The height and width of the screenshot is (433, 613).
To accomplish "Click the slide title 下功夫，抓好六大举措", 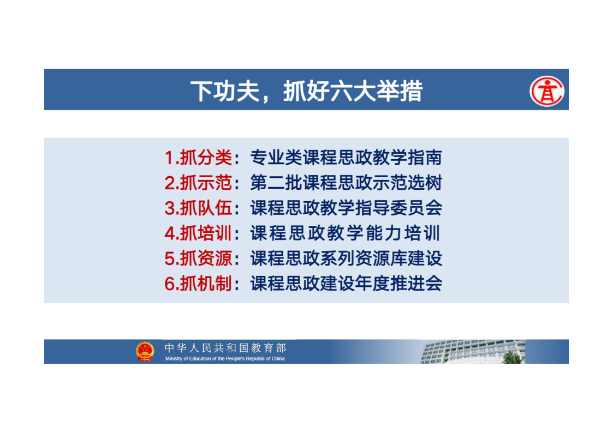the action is coord(307,91).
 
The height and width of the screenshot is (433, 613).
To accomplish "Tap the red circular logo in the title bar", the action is coord(546,91).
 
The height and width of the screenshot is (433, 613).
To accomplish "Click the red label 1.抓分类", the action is coord(198,158).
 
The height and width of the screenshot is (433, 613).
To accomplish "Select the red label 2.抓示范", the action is coord(198,183).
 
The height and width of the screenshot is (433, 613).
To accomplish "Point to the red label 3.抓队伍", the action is coord(198,208).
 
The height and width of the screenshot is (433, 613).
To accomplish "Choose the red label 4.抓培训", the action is coord(198,233).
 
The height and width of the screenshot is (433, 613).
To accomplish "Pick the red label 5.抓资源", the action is coord(198,258).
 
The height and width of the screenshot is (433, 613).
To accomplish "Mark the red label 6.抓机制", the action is coord(198,284).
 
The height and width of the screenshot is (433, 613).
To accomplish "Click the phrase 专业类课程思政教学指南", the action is coord(346,158).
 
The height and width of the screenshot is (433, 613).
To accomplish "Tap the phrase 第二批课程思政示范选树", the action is coord(346,183).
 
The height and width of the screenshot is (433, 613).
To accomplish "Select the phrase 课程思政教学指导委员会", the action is coord(346,208).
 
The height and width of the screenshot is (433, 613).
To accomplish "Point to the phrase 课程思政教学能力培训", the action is coord(345,233).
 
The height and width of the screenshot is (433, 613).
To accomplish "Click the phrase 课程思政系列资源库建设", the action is coord(346,258).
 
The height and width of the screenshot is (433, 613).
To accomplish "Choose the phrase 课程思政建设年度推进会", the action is coord(346,284).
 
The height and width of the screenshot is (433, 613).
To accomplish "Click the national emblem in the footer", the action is coord(145,351).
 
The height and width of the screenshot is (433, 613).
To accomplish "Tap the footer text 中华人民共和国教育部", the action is coord(225,347).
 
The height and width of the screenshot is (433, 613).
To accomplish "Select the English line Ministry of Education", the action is coord(225,358).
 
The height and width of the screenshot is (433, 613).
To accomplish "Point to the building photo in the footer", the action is coord(473,351).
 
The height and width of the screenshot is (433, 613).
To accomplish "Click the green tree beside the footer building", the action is coord(513,357).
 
